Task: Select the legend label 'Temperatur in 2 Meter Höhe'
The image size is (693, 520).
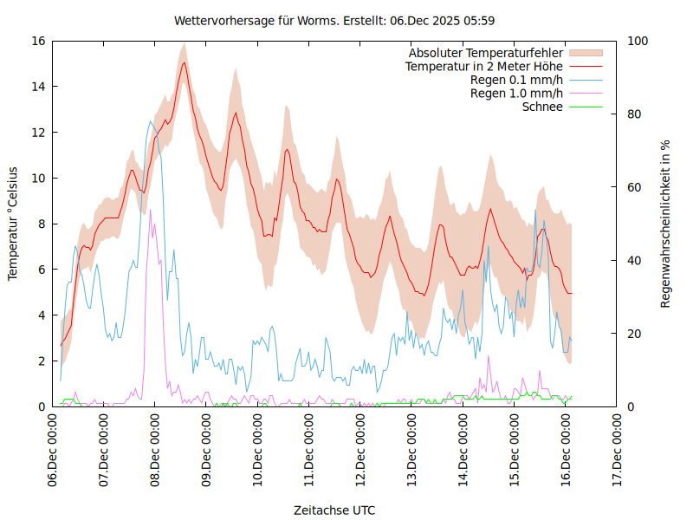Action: pos(484,66)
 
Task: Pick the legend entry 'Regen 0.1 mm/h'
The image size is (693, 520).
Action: pos(516,80)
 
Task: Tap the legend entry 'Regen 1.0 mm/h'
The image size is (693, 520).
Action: pos(516,93)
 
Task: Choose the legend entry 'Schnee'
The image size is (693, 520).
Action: pos(542,107)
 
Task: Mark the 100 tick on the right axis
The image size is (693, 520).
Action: pos(634,41)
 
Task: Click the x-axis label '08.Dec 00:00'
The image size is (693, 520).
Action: pos(155,451)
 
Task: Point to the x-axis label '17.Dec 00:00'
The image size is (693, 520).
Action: pos(617,451)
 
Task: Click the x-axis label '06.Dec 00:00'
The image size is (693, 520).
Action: pos(53,451)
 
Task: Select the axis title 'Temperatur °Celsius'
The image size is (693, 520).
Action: pos(13,223)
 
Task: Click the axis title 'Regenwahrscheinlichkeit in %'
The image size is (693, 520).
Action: pos(666,224)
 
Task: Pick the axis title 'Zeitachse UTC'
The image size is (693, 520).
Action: pos(334,510)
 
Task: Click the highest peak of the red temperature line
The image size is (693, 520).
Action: pos(184,62)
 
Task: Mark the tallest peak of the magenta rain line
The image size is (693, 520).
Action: pos(150,210)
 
